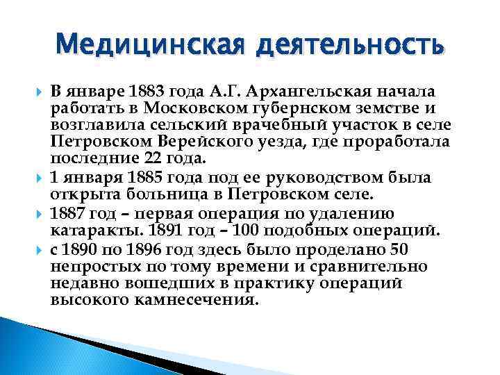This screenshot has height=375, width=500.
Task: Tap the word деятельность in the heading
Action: tap(348, 47)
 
